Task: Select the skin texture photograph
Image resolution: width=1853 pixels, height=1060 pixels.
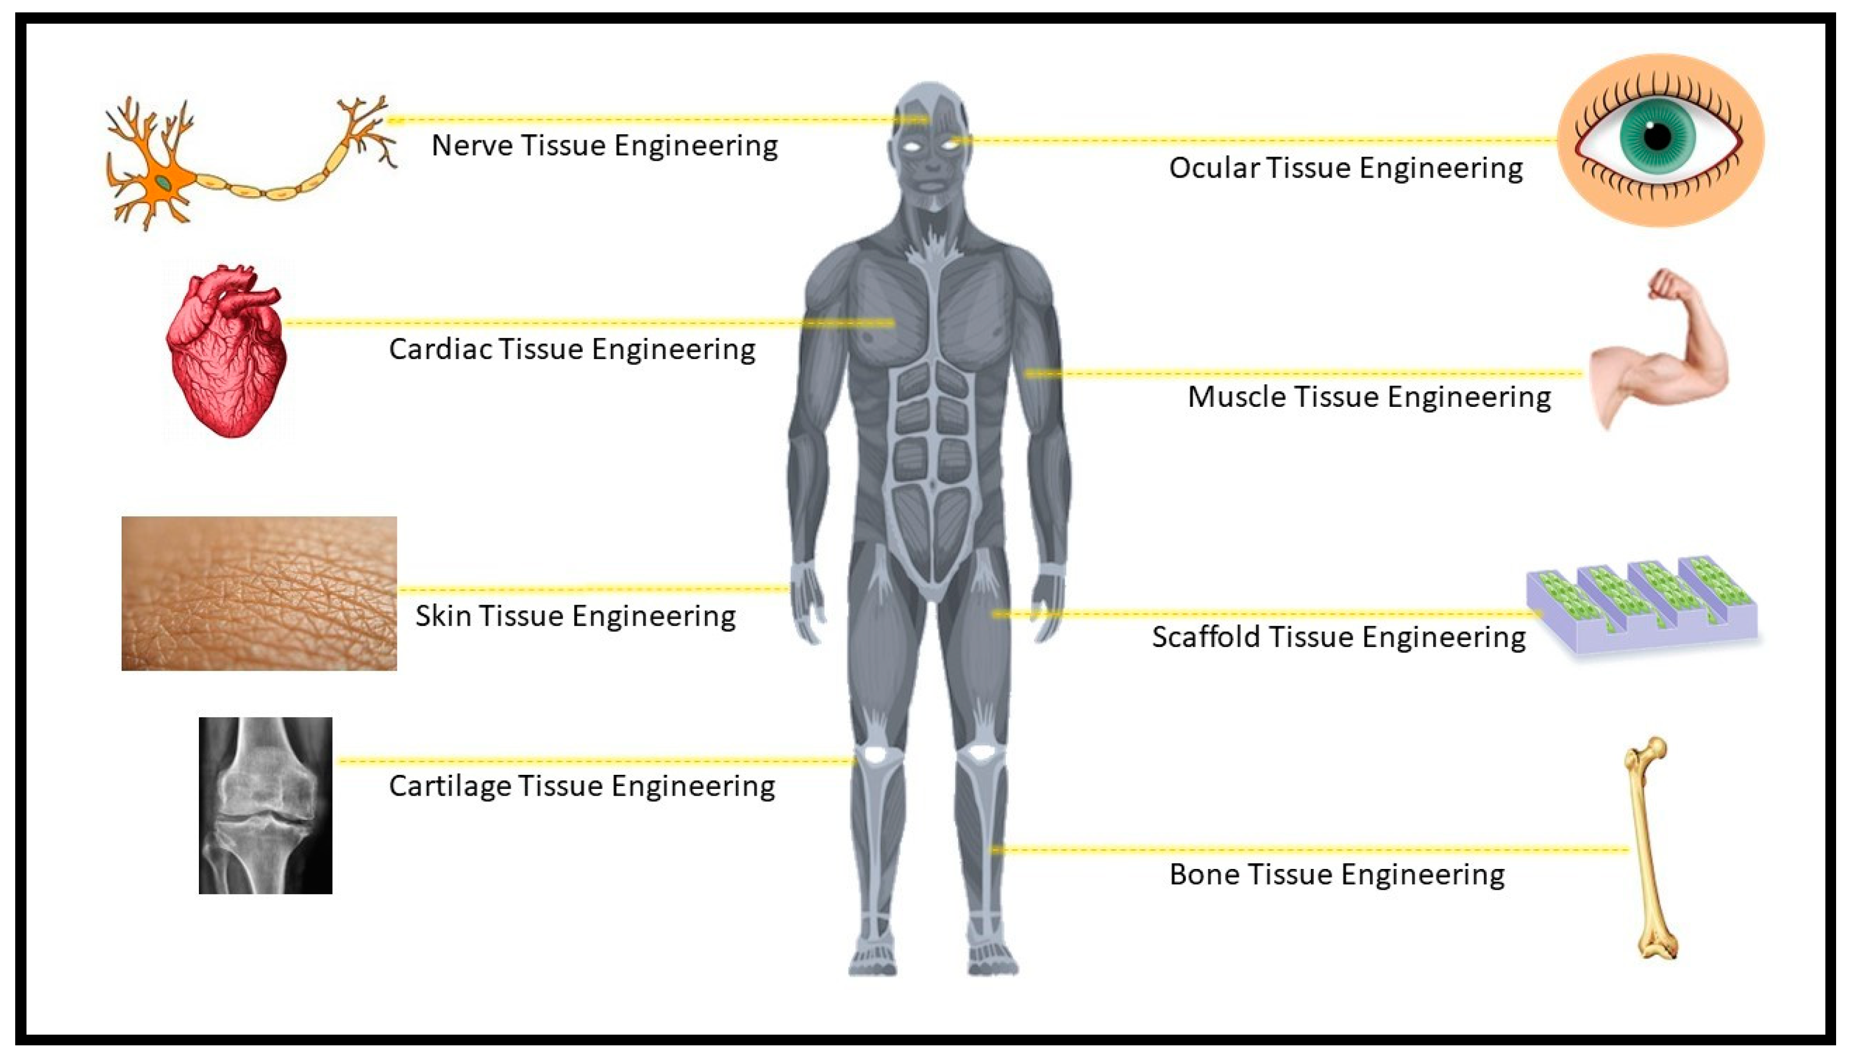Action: (259, 593)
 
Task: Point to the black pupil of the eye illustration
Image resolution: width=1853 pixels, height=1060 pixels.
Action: (1657, 136)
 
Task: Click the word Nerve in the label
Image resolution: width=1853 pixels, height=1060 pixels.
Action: (471, 145)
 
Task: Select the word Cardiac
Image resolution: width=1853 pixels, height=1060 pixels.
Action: (438, 349)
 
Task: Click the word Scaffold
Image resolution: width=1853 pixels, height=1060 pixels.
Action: (1205, 637)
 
